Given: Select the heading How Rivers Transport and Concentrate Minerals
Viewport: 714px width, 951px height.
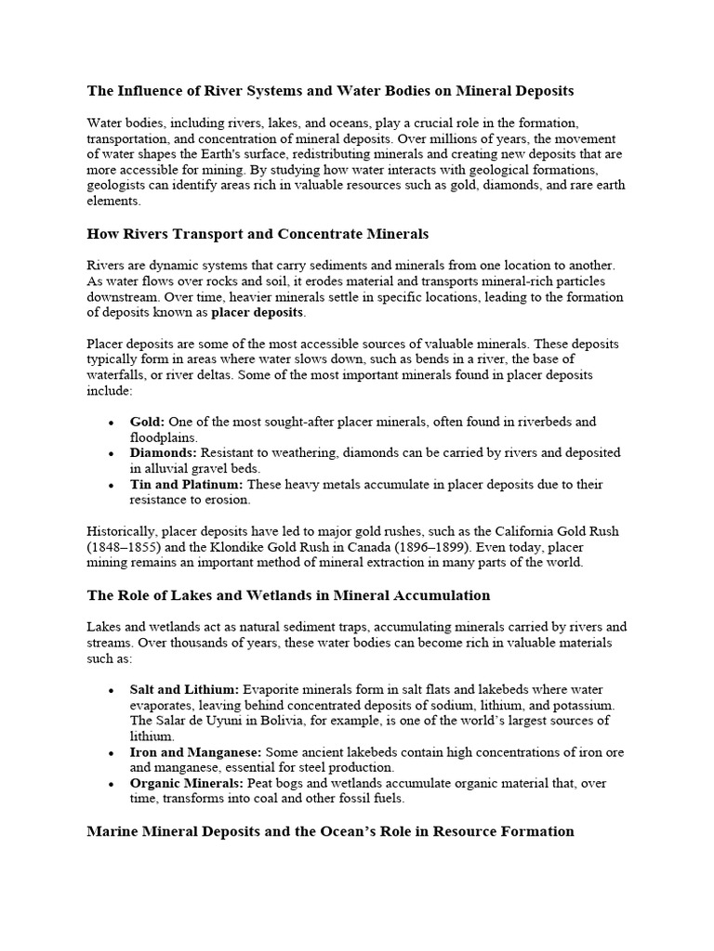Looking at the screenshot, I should pyautogui.click(x=258, y=233).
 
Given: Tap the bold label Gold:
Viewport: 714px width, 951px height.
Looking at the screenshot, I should pyautogui.click(x=147, y=422).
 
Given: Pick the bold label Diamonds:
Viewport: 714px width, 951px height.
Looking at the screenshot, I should pyautogui.click(x=162, y=453).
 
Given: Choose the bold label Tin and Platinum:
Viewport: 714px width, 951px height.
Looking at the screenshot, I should pyautogui.click(x=186, y=485).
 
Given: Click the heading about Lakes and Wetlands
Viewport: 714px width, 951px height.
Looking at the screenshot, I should pyautogui.click(x=288, y=594).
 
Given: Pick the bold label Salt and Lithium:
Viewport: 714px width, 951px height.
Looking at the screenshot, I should pyautogui.click(x=184, y=689).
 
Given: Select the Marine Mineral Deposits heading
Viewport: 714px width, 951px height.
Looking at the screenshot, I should pyautogui.click(x=330, y=831).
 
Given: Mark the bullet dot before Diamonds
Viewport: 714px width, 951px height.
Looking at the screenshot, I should pyautogui.click(x=111, y=454).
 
